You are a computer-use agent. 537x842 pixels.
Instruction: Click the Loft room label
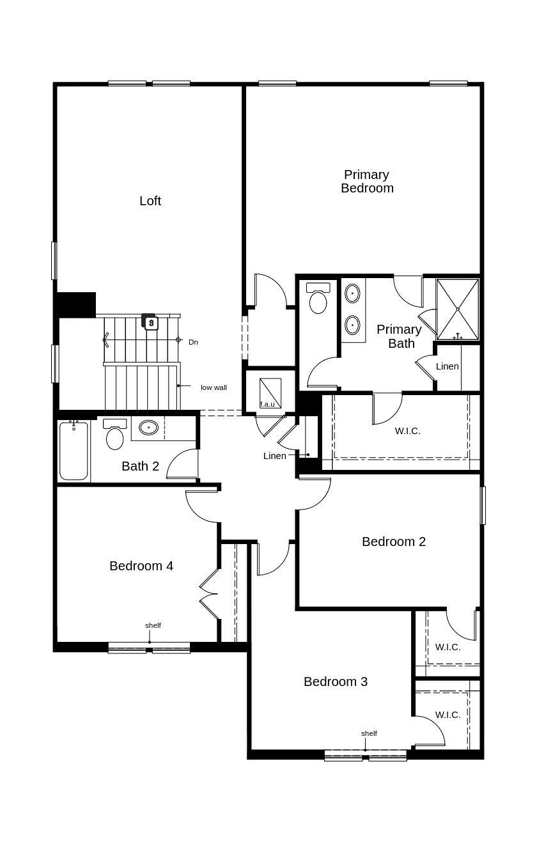pyautogui.click(x=150, y=201)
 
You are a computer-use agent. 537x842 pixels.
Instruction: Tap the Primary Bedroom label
pyautogui.click(x=367, y=182)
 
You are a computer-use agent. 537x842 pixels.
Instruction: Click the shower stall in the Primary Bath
pyautogui.click(x=457, y=309)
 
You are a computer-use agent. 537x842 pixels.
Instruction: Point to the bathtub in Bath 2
pyautogui.click(x=74, y=451)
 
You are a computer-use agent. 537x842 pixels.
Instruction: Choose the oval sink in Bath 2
pyautogui.click(x=148, y=427)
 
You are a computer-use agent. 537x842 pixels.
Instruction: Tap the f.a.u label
pyautogui.click(x=267, y=404)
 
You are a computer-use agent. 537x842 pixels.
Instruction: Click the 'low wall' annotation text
pyautogui.click(x=214, y=387)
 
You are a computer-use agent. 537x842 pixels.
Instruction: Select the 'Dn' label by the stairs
pyautogui.click(x=193, y=342)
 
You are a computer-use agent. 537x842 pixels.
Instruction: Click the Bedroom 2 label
pyautogui.click(x=394, y=542)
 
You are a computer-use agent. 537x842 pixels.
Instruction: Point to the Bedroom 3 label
pyautogui.click(x=336, y=682)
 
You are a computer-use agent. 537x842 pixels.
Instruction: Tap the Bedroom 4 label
pyautogui.click(x=141, y=566)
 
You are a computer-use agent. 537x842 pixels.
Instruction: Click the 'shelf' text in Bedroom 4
pyautogui.click(x=153, y=625)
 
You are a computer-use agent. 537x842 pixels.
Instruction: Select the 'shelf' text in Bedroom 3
pyautogui.click(x=369, y=733)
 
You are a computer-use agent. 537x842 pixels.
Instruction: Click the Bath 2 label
pyautogui.click(x=140, y=466)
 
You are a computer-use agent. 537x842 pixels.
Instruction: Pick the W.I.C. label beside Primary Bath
pyautogui.click(x=408, y=431)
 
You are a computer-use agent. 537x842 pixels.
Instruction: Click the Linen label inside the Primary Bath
pyautogui.click(x=447, y=366)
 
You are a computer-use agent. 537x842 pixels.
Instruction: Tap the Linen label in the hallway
pyautogui.click(x=275, y=456)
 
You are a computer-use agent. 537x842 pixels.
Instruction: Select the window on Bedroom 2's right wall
pyautogui.click(x=483, y=505)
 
